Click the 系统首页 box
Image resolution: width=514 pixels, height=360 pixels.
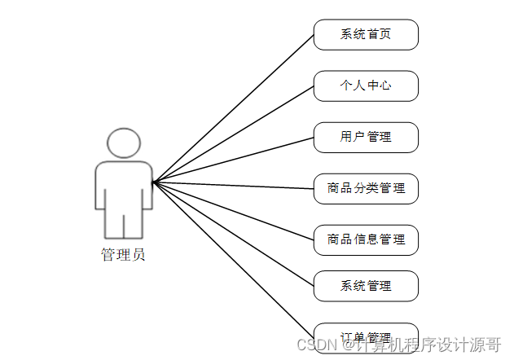click(x=366, y=35)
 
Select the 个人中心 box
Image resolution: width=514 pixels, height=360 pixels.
click(x=366, y=86)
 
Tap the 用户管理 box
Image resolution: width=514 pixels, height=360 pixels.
click(x=366, y=137)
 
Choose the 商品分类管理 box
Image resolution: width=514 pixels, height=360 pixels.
click(x=366, y=188)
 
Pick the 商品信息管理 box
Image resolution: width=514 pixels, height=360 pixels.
click(x=366, y=239)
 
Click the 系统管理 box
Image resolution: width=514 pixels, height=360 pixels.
click(x=366, y=286)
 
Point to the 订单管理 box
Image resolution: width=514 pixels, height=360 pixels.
click(x=366, y=336)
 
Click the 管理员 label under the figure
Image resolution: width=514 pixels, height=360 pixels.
click(x=123, y=255)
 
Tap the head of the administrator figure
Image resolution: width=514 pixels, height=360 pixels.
click(x=124, y=143)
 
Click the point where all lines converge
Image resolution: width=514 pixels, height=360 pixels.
click(x=153, y=182)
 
